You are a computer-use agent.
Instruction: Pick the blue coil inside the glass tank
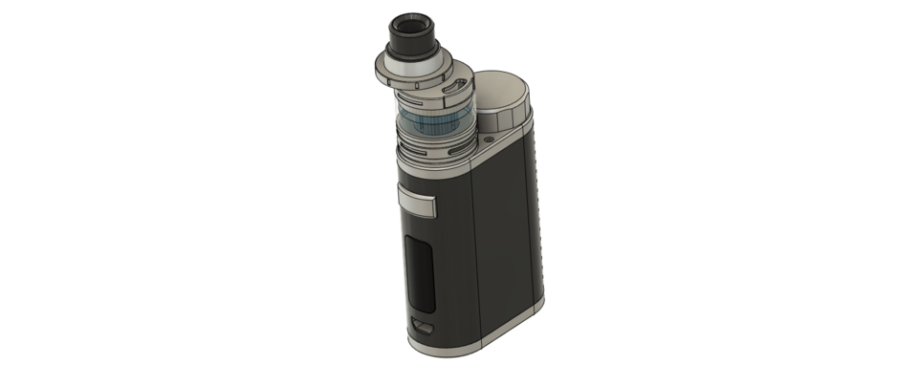tap(430, 125)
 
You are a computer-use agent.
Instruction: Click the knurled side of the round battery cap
tap(506, 118)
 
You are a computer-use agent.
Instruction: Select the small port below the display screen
tap(422, 327)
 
